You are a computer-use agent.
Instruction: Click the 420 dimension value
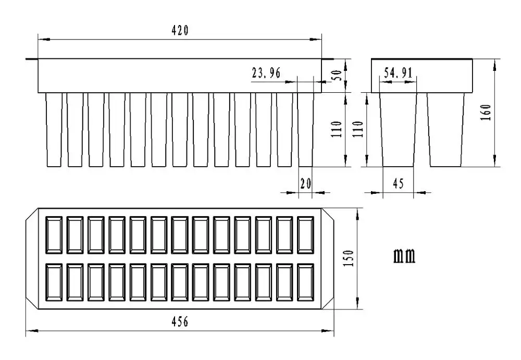pos(180,31)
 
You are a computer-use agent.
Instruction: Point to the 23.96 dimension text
pos(266,73)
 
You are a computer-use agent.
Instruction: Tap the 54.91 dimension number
pos(398,73)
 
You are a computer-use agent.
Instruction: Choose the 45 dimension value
pos(399,183)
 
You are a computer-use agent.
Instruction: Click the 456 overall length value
pos(180,321)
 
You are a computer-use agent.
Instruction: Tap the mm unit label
pos(404,256)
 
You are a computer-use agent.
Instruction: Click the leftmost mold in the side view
pos(54,130)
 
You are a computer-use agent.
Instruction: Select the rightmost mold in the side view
pos(306,130)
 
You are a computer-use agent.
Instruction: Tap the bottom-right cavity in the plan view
pos(306,282)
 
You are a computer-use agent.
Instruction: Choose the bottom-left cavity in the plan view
pos(55,282)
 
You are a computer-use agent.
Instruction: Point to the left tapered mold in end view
pos(399,130)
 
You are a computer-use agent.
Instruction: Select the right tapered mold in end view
pos(446,130)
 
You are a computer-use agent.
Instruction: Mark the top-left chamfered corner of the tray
pos(32,214)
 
